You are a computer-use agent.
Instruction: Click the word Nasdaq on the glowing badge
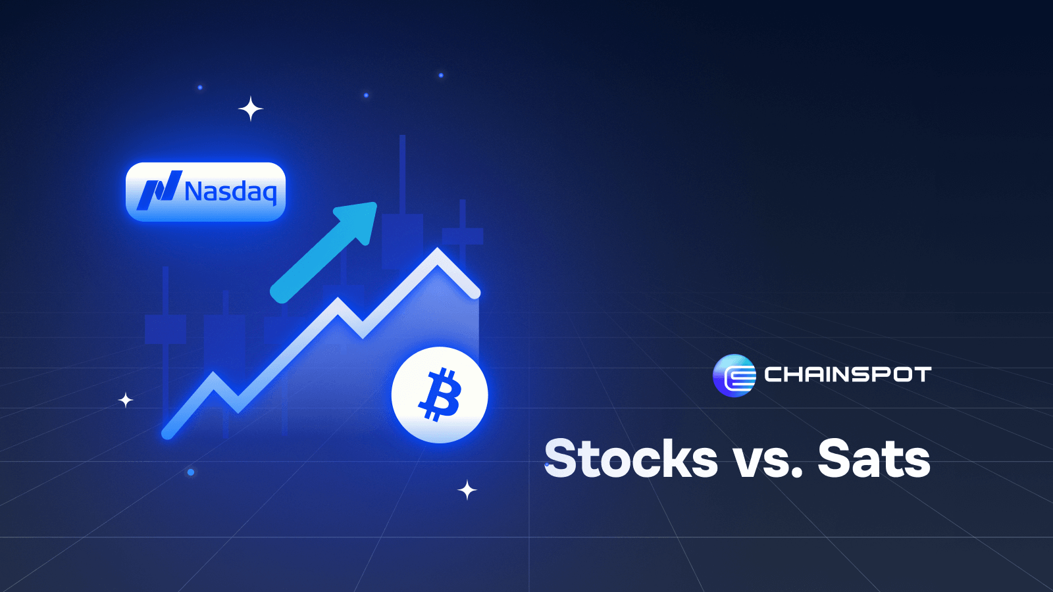tap(231, 192)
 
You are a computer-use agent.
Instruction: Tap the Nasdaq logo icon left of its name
tap(159, 190)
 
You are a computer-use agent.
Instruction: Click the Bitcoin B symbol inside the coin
tap(439, 395)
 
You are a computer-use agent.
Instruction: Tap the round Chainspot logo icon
tap(734, 376)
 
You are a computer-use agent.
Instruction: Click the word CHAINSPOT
tap(848, 375)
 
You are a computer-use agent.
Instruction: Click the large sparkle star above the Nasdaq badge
tap(251, 109)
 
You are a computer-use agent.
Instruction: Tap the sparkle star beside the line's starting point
tap(126, 401)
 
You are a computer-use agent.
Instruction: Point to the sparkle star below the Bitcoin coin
tap(467, 490)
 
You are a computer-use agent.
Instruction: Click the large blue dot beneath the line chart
tap(191, 472)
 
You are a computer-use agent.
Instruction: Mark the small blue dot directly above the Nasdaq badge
tap(200, 87)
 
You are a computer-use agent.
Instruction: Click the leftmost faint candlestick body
tap(165, 329)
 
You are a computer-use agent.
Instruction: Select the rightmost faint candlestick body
tap(463, 236)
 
